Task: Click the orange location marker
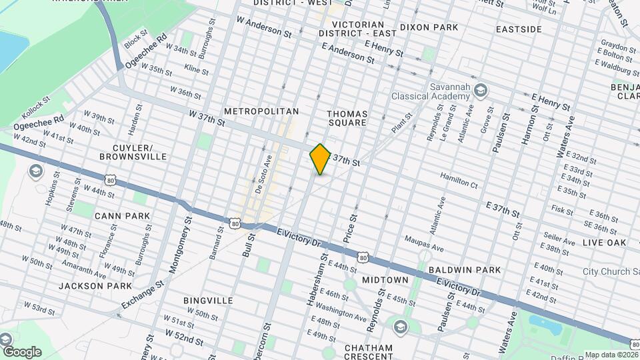[320, 159]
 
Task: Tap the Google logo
[21, 351]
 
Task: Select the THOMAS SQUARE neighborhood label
[347, 118]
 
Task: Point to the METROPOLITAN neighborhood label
[261, 111]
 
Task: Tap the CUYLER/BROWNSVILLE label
[133, 152]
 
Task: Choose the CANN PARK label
[122, 216]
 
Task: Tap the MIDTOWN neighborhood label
[385, 279]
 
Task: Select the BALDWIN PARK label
[464, 269]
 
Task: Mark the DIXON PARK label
[429, 27]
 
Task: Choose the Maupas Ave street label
[423, 243]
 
